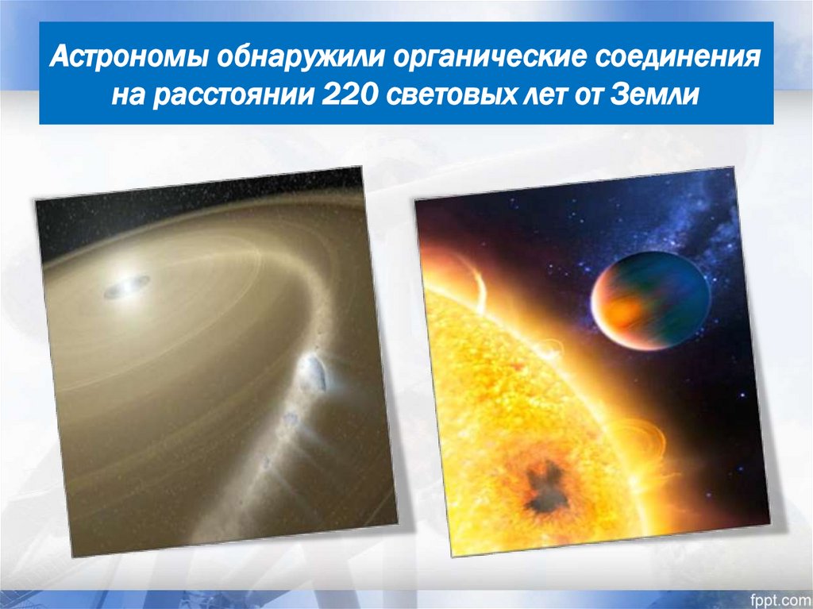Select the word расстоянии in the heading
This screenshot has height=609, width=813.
click(x=236, y=94)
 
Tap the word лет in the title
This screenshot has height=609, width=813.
click(x=553, y=94)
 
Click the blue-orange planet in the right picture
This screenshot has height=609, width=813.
click(x=649, y=299)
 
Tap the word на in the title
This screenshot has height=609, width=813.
click(x=128, y=94)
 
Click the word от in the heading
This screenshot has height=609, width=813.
click(x=592, y=94)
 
